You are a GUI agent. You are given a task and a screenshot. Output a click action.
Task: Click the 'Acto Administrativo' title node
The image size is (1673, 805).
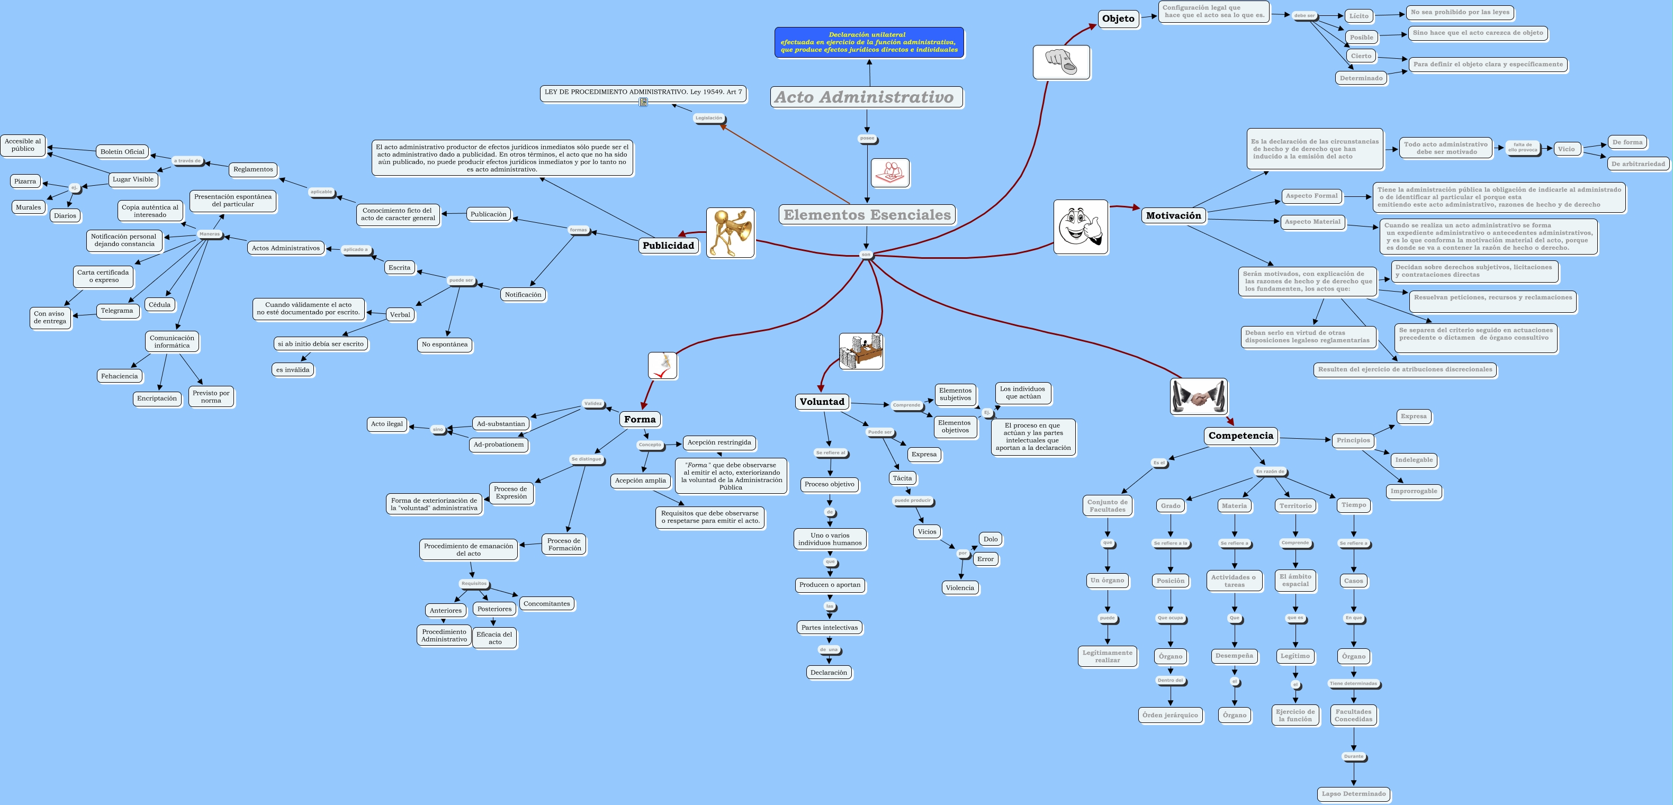[x=866, y=97]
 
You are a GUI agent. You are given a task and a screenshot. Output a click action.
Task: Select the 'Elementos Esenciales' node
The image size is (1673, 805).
[x=866, y=215]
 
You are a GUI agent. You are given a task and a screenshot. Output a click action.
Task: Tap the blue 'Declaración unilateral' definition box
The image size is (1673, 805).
[x=868, y=42]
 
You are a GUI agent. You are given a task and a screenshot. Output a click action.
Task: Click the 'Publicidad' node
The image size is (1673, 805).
[x=668, y=246]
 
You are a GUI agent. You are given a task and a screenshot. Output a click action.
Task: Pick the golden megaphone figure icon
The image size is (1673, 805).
[x=730, y=232]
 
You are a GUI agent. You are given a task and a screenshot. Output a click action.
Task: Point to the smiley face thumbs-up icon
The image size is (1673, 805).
[x=1080, y=227]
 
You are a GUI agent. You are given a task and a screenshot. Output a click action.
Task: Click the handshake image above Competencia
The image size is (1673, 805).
[x=1198, y=396]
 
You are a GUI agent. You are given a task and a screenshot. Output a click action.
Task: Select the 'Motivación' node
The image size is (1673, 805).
[x=1173, y=215]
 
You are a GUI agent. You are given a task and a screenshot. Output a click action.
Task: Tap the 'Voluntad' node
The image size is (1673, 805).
[x=822, y=402]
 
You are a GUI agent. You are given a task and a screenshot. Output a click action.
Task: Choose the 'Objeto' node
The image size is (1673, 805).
[x=1118, y=19]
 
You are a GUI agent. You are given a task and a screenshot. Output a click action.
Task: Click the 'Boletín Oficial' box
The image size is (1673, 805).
[x=122, y=152]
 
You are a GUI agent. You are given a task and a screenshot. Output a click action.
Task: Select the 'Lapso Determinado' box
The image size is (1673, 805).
[x=1353, y=794]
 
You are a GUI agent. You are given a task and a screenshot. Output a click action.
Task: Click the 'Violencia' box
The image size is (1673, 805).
[x=959, y=588]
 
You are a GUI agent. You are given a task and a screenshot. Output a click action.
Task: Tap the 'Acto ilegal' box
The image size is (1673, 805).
[x=386, y=424]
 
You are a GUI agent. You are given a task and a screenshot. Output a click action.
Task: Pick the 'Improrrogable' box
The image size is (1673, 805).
[x=1413, y=492]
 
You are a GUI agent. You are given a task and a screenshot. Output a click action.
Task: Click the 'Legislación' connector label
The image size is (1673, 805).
[x=708, y=118]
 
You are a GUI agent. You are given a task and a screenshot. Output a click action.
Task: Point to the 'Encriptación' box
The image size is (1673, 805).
[x=157, y=399]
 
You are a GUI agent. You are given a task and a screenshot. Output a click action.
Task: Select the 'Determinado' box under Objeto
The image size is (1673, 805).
[x=1361, y=78]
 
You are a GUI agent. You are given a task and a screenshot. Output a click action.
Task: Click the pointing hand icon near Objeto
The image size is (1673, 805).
[x=1060, y=62]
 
